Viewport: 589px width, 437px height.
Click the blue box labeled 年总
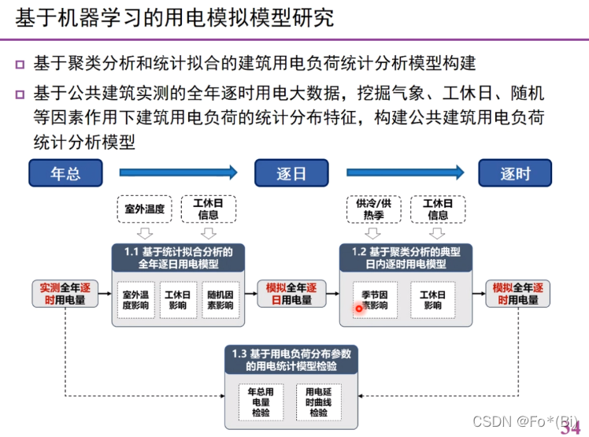[66, 173]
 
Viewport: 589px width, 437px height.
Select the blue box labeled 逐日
[291, 173]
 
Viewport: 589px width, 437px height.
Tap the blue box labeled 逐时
[515, 173]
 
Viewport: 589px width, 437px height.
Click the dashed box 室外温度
[144, 209]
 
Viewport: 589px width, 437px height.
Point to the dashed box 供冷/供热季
[373, 209]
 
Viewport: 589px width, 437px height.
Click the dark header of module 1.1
[179, 257]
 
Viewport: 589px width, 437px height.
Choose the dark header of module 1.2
[406, 257]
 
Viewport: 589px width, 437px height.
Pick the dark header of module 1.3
[291, 360]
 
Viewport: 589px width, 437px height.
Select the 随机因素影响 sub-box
[220, 300]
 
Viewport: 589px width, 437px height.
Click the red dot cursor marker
[359, 309]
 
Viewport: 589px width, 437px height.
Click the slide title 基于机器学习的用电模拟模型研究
[175, 17]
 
